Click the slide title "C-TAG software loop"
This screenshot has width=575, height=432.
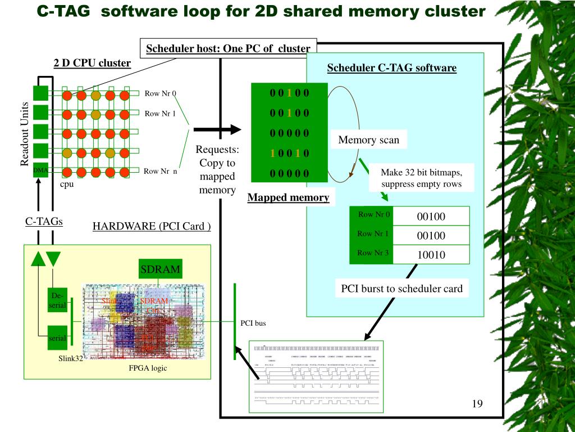261,11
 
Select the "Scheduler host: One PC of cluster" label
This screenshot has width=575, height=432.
228,48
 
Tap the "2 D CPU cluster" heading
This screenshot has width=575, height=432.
92,62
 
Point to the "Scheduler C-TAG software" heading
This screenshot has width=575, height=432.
391,68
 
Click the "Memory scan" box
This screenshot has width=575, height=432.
368,140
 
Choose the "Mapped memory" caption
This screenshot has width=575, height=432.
288,197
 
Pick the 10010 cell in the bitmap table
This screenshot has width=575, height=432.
431,255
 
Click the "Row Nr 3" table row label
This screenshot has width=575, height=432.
373,253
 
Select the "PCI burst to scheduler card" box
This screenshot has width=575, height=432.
401,289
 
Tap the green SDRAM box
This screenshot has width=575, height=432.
160,269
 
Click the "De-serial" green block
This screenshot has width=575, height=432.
58,300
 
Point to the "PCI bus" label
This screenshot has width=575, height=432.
253,323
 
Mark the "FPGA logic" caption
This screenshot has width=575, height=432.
148,368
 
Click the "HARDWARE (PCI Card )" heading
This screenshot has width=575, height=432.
152,226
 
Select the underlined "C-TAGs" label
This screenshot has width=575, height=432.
44,221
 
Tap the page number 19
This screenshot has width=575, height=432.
477,404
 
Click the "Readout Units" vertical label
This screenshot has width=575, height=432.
25,134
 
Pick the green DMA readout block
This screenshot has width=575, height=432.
40,169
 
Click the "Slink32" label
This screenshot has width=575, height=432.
71,358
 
